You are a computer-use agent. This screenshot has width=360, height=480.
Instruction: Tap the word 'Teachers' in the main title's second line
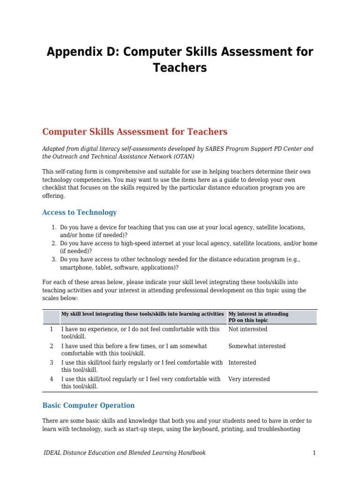(180, 68)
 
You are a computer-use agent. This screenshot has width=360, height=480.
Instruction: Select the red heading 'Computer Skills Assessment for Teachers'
(135, 132)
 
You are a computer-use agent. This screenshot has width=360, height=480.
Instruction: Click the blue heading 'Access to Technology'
(79, 212)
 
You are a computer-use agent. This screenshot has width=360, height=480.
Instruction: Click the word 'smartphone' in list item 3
(76, 268)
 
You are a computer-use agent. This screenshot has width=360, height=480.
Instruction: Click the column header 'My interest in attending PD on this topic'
(258, 317)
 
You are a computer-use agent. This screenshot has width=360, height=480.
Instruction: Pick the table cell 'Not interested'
(247, 329)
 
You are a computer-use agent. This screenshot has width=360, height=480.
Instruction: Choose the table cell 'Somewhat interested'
(256, 346)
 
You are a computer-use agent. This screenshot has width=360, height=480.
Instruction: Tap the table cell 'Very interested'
(249, 379)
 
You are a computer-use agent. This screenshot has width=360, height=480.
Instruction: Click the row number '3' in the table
(51, 362)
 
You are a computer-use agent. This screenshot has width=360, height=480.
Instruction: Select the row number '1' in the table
(51, 329)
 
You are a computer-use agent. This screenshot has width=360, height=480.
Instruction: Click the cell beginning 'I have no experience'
(140, 333)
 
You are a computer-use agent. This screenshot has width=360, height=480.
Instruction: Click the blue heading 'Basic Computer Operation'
(88, 405)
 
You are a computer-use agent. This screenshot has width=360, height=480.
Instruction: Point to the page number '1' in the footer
(315, 453)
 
